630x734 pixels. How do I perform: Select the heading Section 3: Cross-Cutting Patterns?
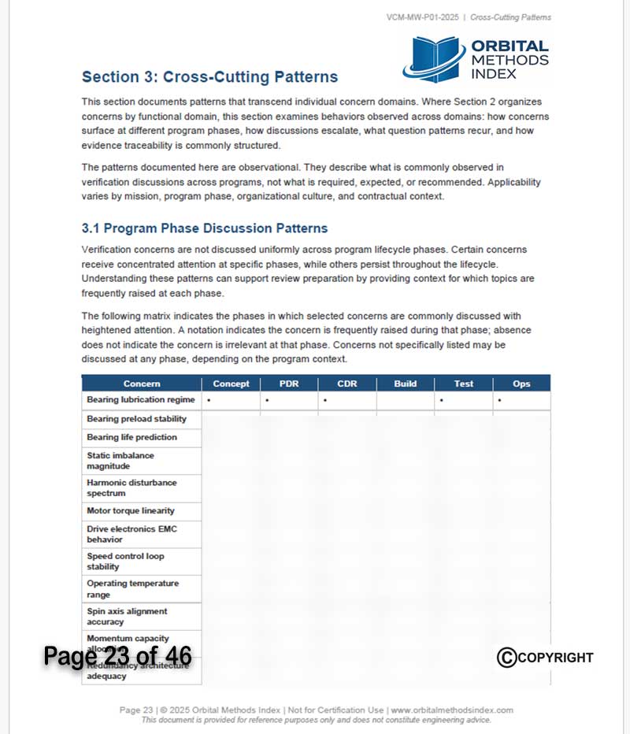(209, 77)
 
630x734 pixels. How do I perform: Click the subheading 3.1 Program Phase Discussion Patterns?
(205, 228)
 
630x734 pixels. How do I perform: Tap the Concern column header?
(142, 384)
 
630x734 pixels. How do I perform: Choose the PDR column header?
(289, 384)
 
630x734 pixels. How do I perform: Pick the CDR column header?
(347, 384)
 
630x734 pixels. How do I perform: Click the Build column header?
(406, 384)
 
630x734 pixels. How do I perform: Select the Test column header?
(464, 384)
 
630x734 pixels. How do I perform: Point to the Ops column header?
(521, 384)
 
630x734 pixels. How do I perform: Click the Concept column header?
(231, 384)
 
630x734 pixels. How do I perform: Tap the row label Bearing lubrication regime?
(141, 400)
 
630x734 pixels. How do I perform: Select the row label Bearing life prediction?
(132, 437)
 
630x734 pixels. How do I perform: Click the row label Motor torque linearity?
(131, 511)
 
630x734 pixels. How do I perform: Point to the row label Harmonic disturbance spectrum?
(132, 487)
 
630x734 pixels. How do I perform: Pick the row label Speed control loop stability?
(125, 561)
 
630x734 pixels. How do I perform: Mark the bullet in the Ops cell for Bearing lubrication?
(500, 401)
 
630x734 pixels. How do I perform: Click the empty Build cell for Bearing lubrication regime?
(406, 401)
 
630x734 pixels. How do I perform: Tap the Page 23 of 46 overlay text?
(117, 655)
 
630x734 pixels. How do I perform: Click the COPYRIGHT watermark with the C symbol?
(545, 658)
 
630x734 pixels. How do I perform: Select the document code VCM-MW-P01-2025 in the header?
(422, 17)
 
